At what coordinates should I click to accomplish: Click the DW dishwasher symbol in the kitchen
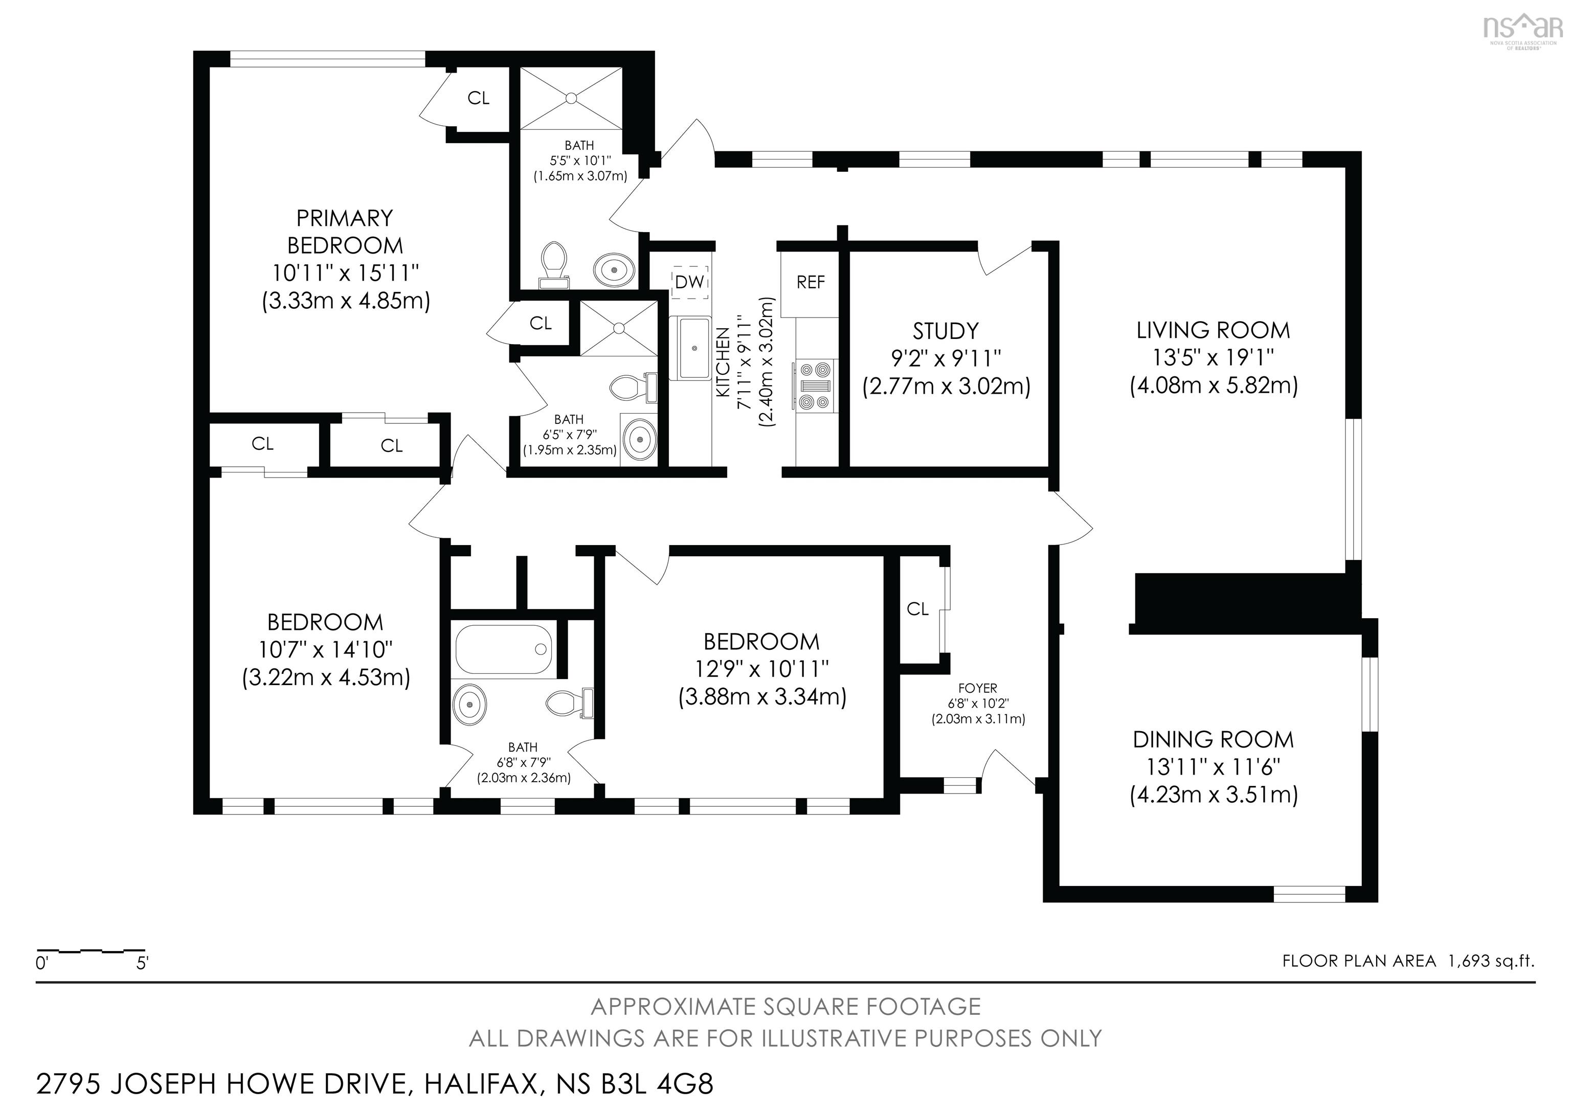pos(690,281)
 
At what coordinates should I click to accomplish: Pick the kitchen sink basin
pos(694,348)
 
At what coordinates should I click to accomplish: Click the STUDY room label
pos(946,331)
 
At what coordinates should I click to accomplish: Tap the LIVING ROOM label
pos(1213,330)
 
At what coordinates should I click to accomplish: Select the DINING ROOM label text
pos(1213,739)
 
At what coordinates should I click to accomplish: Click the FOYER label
pos(977,688)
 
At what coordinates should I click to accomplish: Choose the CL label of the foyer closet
pos(917,609)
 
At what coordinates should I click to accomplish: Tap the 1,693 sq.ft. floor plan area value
pos(1491,961)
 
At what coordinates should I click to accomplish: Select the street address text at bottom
pos(375,1085)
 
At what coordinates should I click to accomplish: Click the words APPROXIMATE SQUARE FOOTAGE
pos(785,1007)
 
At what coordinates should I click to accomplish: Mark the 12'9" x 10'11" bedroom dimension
pos(761,669)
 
